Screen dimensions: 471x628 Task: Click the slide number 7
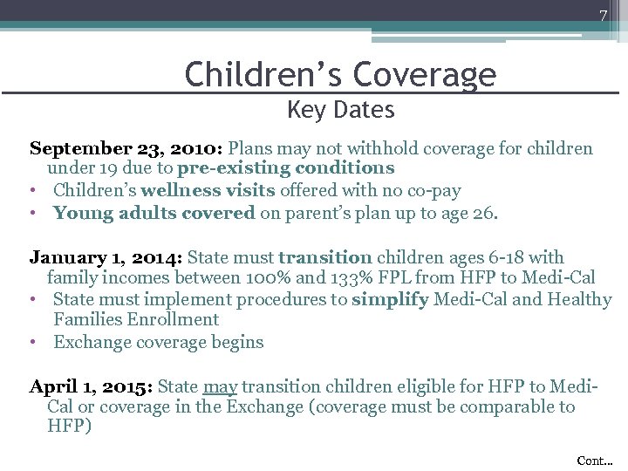point(602,16)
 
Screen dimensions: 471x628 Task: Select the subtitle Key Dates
point(340,111)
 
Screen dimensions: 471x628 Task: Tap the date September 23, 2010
point(126,148)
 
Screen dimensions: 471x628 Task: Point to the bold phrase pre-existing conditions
point(285,168)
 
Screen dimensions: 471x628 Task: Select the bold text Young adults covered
point(154,212)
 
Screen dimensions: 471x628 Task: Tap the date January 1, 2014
point(106,258)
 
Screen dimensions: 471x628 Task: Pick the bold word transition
point(325,258)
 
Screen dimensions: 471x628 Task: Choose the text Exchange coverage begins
point(158,342)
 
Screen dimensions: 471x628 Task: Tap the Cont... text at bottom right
point(595,460)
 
